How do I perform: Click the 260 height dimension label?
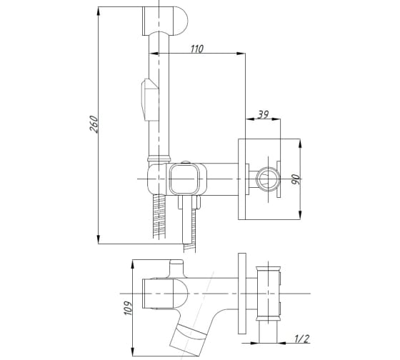(94, 124)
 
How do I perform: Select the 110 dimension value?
(197, 49)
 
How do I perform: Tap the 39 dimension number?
(263, 114)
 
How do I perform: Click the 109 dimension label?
(128, 308)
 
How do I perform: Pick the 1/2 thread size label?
(301, 339)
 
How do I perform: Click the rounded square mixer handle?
(184, 179)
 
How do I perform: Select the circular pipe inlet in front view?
(267, 179)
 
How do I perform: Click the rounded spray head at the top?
(165, 21)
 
